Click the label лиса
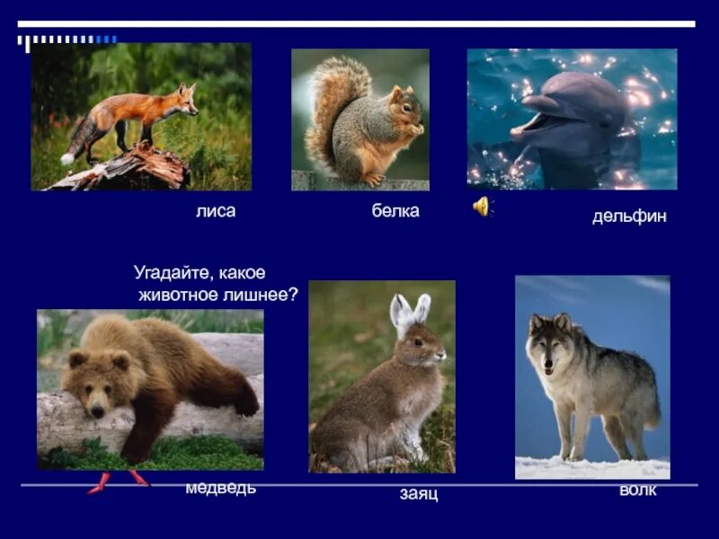click(x=215, y=211)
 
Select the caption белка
click(x=395, y=211)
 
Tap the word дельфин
click(x=629, y=216)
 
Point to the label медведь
click(x=220, y=488)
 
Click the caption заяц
click(x=419, y=494)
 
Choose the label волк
click(x=638, y=490)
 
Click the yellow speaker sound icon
click(x=482, y=207)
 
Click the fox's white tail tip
click(x=67, y=158)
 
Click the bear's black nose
click(x=96, y=411)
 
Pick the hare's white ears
click(x=410, y=311)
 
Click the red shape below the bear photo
click(x=118, y=482)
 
